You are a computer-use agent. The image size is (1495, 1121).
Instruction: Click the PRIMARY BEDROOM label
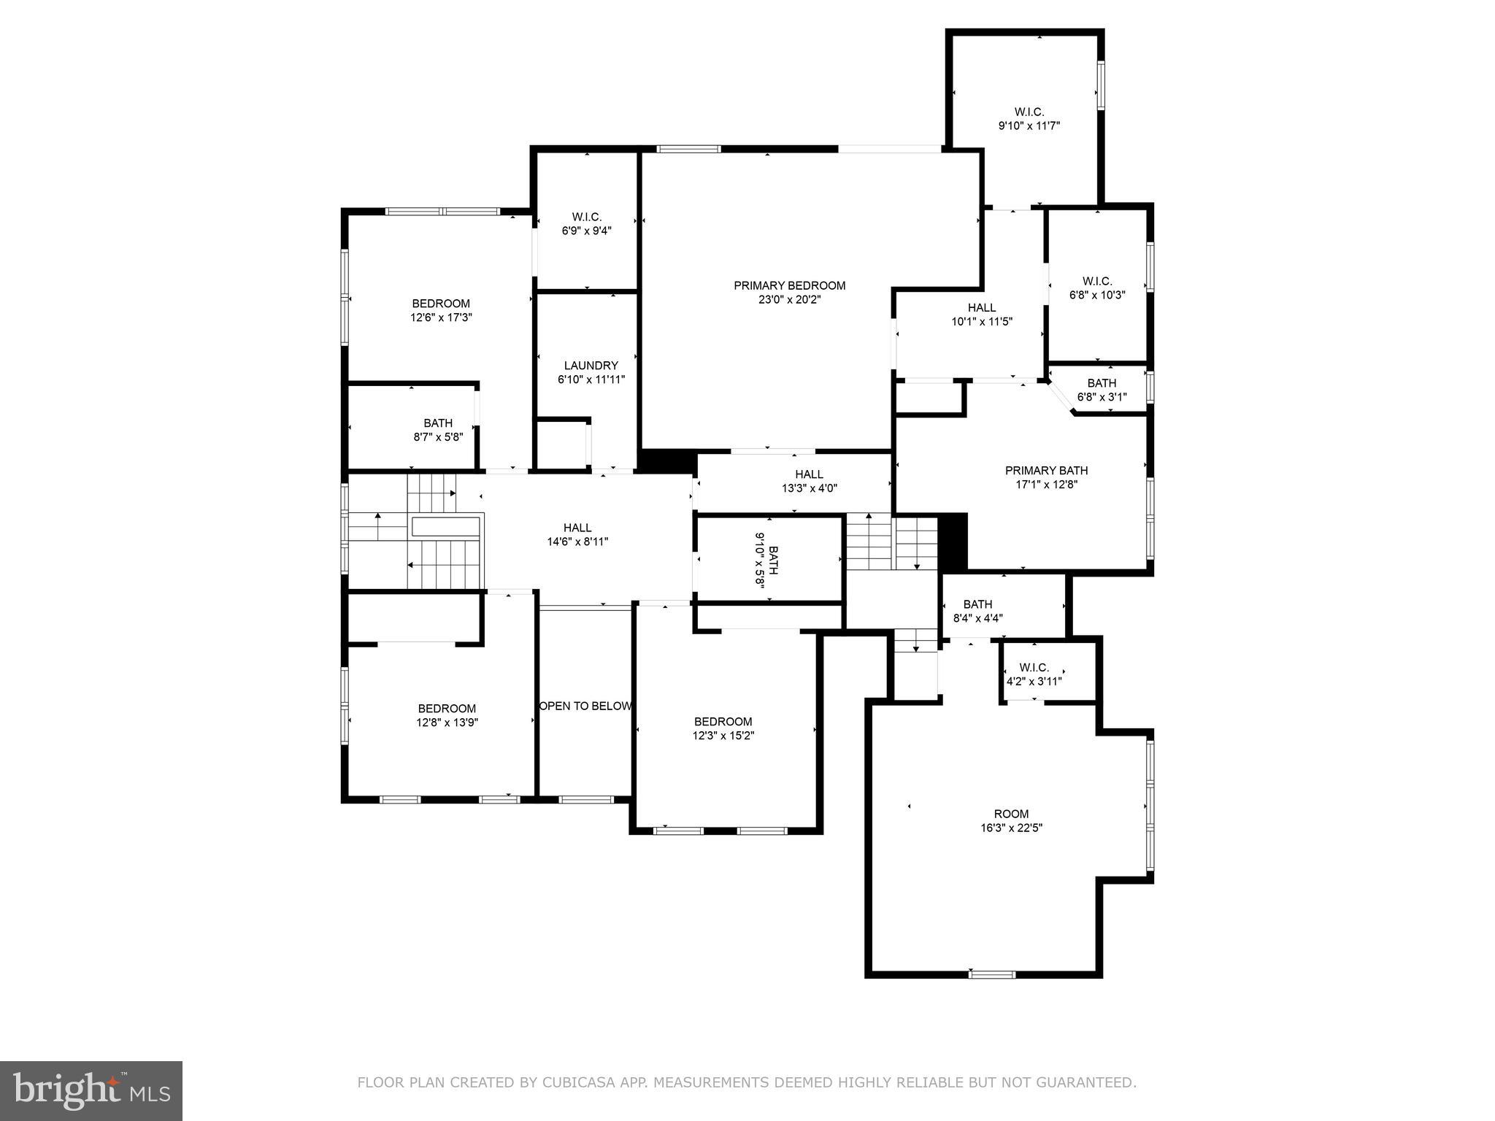pos(789,285)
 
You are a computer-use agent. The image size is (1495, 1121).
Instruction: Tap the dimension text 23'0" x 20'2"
pos(789,299)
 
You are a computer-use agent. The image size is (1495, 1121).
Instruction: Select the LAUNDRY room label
pos(591,366)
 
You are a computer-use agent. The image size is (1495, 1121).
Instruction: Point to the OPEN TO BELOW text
pos(585,706)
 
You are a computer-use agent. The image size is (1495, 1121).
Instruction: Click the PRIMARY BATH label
pos(1046,471)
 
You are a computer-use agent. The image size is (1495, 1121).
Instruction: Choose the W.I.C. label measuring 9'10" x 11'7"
pos(1029,112)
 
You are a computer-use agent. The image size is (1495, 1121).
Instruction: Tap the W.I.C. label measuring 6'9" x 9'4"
pos(586,217)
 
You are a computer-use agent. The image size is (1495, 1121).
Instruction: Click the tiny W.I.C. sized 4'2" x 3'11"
pos(1034,667)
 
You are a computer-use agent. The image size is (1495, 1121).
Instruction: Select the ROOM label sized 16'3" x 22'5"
pos(1011,814)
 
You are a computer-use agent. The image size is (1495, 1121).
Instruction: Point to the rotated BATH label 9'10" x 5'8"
pos(773,560)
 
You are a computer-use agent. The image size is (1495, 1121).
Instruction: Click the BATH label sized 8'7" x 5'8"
pos(438,423)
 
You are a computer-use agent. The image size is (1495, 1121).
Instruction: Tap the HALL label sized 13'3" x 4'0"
pos(809,474)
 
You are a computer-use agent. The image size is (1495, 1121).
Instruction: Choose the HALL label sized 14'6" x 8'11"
pos(577,528)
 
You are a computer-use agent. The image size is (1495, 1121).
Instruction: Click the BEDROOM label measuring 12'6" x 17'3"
pos(441,304)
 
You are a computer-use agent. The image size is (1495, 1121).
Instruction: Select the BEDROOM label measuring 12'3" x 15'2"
pos(723,722)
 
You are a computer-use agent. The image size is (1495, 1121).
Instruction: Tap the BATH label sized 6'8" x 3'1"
pos(1102,383)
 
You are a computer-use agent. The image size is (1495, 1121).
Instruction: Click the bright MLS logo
pos(91,1090)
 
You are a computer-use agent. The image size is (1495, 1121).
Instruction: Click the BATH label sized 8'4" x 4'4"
pos(977,604)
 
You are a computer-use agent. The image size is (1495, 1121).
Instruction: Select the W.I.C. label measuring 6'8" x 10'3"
pos(1097,281)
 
